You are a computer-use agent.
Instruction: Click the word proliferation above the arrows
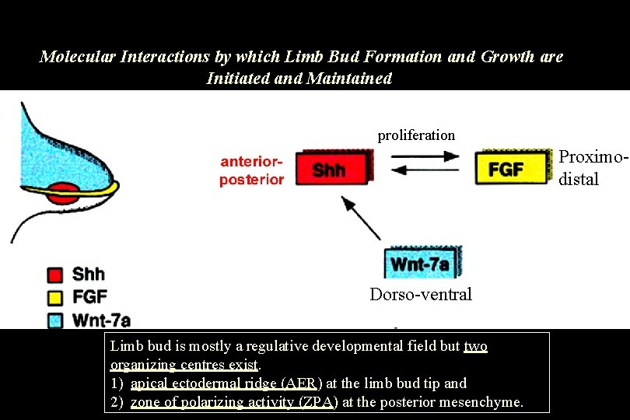coord(416,135)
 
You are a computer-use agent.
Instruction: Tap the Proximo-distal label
coord(593,167)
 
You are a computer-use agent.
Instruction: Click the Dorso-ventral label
coord(421,294)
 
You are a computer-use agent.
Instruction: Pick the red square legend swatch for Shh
coord(54,275)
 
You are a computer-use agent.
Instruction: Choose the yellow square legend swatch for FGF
coord(54,296)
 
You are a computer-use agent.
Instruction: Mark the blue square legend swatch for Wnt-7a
coord(54,318)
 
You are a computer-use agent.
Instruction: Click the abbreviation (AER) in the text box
coord(300,383)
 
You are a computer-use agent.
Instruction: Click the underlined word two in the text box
coord(475,346)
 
